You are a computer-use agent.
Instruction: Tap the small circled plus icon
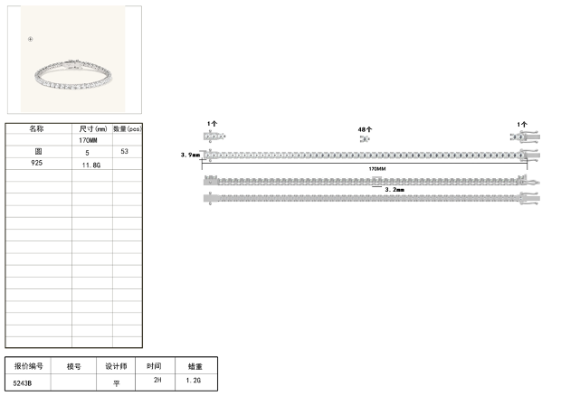(31, 39)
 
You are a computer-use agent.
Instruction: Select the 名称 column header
(36, 128)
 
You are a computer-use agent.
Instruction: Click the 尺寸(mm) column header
(93, 128)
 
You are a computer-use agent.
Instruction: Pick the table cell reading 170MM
(88, 140)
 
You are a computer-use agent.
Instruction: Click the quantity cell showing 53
(124, 151)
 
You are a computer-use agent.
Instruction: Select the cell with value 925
(37, 163)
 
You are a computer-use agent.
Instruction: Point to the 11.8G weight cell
(91, 165)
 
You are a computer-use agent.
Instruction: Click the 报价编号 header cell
(29, 366)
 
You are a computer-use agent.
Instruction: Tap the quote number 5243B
(23, 383)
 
